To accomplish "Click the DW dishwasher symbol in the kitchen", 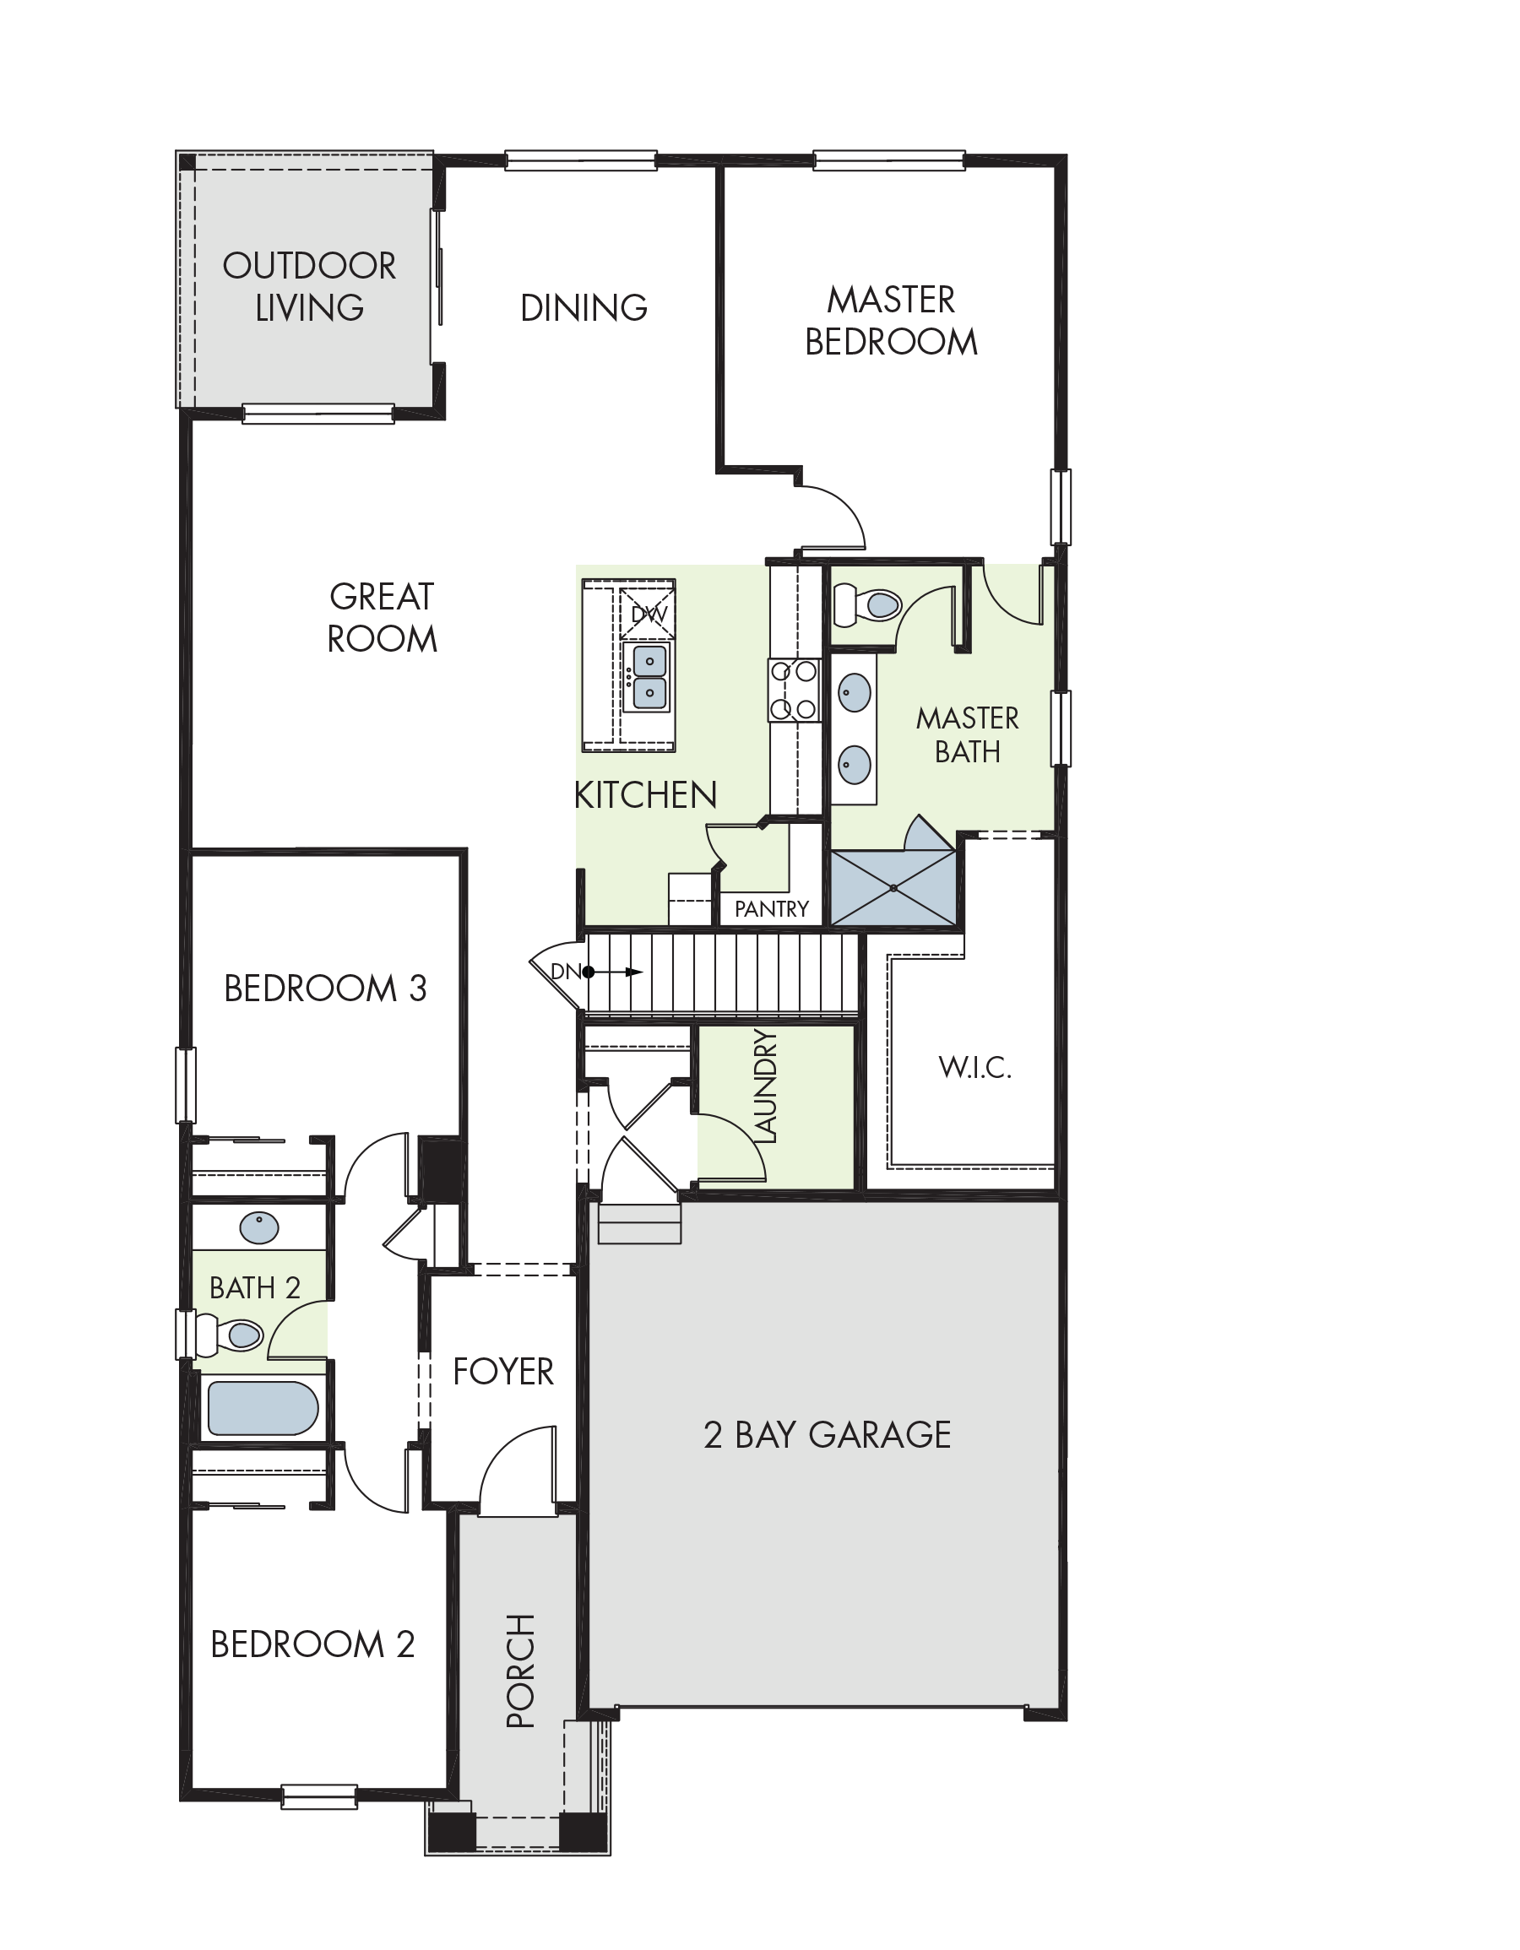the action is tap(648, 613).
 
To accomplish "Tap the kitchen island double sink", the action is tap(649, 678).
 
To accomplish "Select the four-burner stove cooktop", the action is tap(794, 690).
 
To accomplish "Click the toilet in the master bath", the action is tap(866, 604).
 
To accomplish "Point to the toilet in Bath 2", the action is tap(230, 1335).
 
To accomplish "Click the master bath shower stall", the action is tap(893, 887).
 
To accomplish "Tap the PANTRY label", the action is tap(772, 909).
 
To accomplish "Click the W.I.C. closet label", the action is tap(975, 1067).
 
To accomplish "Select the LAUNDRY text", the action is tap(766, 1086).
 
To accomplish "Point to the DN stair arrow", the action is tap(616, 972).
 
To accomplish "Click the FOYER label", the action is tap(502, 1372).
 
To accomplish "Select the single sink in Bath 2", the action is tap(259, 1227).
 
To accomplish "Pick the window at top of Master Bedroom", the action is tap(889, 160).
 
